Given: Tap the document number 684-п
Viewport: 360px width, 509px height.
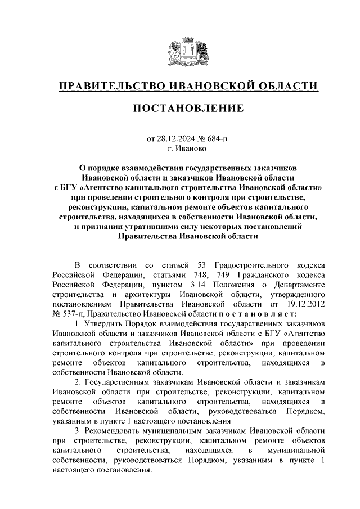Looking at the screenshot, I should click(217, 139).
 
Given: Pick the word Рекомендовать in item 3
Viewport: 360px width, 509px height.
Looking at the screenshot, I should click(114, 430).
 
